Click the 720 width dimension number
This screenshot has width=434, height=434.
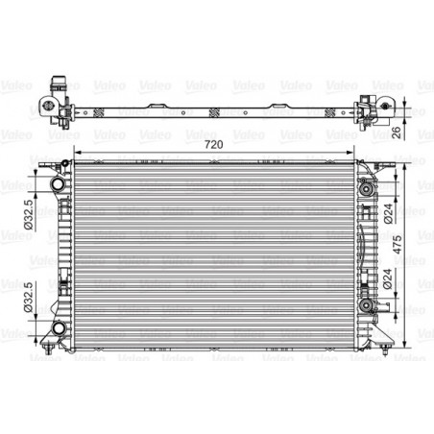tap(216, 143)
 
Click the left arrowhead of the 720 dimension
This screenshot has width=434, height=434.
tap(76, 153)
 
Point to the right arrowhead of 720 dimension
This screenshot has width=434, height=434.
tap(356, 153)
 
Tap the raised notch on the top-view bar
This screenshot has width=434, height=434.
tap(157, 99)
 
